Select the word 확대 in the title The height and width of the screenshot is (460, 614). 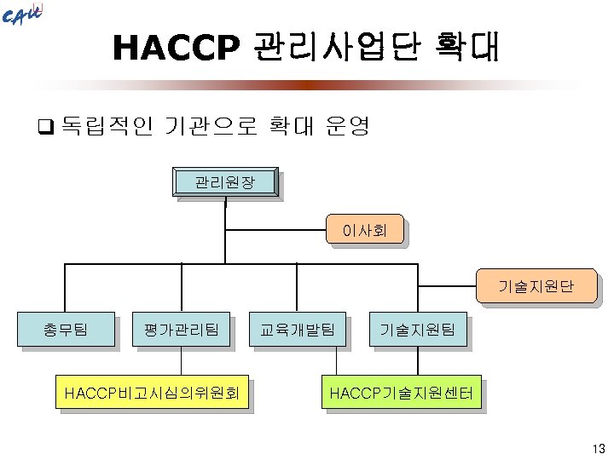tap(465, 49)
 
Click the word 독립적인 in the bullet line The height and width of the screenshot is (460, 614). tap(108, 128)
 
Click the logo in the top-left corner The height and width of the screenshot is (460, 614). tap(22, 16)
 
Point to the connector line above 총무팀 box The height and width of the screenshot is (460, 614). tap(66, 288)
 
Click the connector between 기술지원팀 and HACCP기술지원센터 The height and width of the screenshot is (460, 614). tap(417, 360)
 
